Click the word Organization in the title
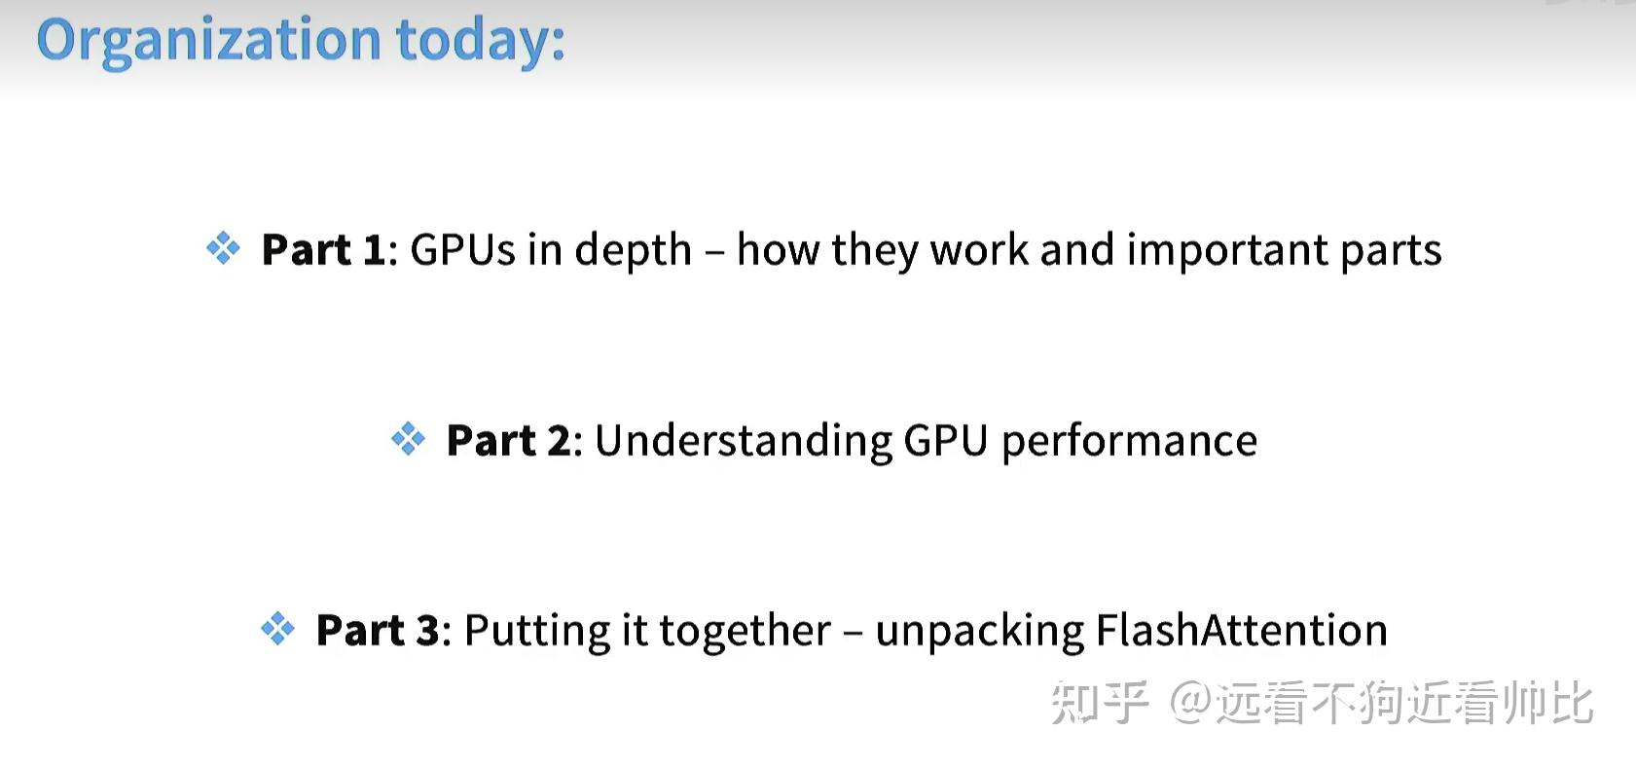point(208,41)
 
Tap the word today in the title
point(480,41)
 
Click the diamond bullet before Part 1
point(223,248)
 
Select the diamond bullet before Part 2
point(408,439)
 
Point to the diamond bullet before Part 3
point(277,629)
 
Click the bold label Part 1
point(324,249)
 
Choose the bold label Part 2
point(508,440)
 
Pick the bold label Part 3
point(378,630)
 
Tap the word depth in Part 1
point(633,251)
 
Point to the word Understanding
point(744,441)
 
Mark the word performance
point(1129,441)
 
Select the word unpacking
point(979,632)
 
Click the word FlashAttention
point(1242,630)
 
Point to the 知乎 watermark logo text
point(1099,703)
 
